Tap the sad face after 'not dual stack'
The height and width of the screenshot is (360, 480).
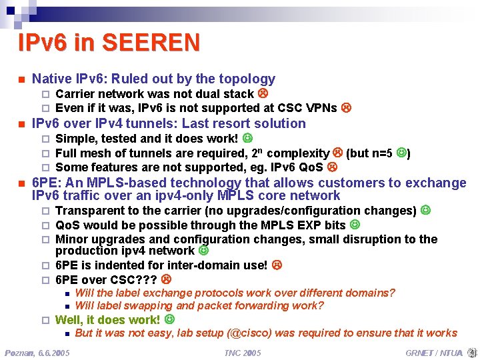263,94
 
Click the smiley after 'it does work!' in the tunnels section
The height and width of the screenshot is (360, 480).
247,139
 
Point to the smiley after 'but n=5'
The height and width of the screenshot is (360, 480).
401,153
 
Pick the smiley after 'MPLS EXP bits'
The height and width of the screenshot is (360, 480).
355,225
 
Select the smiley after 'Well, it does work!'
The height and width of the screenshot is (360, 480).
169,319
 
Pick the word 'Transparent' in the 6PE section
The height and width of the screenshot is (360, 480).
86,211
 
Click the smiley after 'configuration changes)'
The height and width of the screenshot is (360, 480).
425,211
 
